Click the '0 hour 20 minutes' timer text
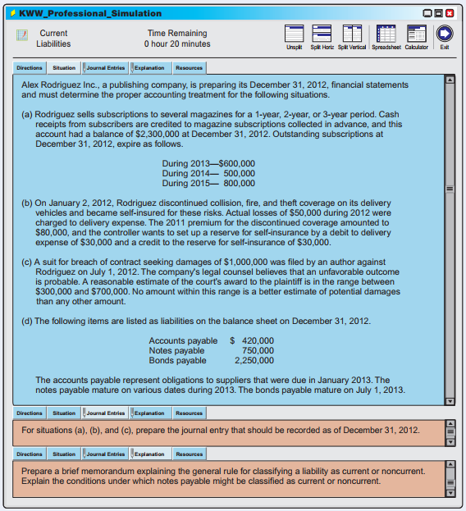176,43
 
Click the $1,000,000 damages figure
260,262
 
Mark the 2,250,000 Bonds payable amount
254,360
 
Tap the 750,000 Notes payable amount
258,350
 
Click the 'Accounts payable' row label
183,340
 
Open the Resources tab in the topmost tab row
189,68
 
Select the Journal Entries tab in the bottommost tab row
105,454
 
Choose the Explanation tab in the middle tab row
148,413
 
